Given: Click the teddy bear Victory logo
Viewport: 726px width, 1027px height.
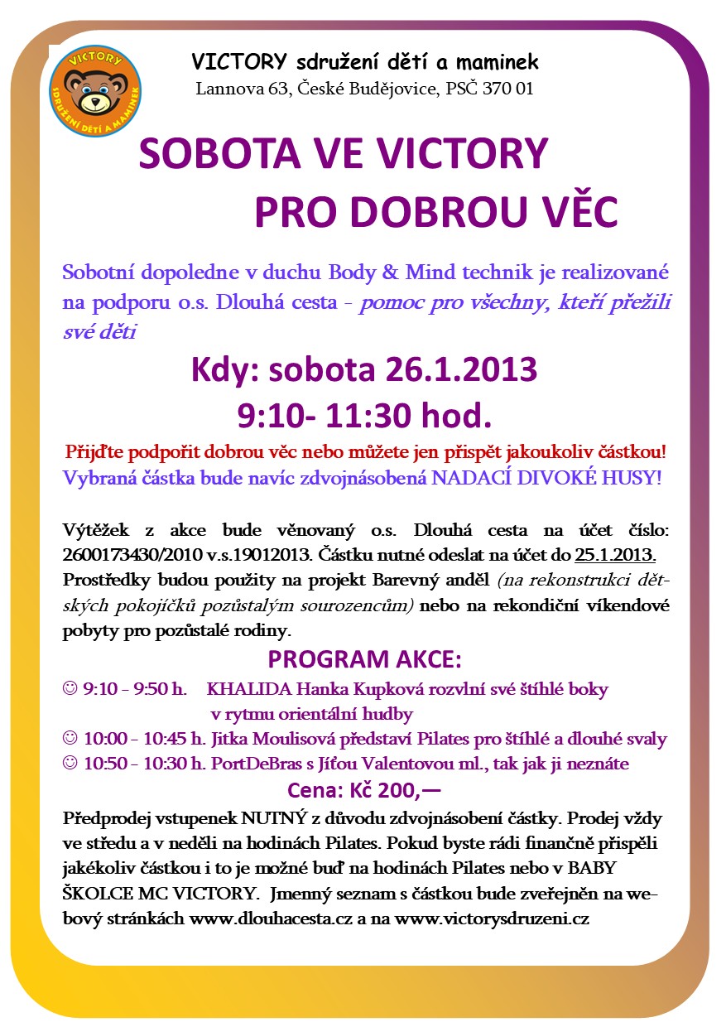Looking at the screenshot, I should coord(95,91).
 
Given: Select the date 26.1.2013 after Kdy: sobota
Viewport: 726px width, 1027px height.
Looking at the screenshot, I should coord(461,369).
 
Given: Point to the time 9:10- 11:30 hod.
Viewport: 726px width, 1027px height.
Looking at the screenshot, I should coord(364,412).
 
